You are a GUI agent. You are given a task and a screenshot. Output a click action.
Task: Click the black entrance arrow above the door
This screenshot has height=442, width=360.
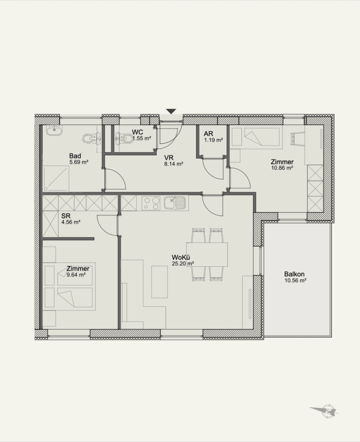pos(171,111)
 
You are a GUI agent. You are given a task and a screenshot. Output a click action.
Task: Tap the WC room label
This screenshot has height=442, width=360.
pos(137,132)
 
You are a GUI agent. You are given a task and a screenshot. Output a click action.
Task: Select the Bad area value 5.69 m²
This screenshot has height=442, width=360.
pos(79,162)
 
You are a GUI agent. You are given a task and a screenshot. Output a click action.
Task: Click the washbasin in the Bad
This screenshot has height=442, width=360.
pos(54,130)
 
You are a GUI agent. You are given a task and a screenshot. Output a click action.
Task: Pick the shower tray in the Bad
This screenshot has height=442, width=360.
pos(56,178)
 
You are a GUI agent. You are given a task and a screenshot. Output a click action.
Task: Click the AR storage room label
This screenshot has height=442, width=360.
pos(208,134)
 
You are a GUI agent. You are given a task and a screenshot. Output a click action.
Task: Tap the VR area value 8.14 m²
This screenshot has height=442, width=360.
pos(174,164)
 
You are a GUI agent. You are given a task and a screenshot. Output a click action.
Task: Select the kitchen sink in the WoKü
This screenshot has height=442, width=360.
pos(174,203)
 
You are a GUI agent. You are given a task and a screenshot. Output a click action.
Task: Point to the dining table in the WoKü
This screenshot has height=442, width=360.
pos(207,254)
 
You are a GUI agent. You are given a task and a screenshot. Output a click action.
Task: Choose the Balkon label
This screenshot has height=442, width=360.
pos(294,274)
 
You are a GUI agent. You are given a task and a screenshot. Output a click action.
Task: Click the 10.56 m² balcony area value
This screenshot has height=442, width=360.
pos(295,281)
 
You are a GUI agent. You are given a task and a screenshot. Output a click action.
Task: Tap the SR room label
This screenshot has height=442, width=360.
pos(66,216)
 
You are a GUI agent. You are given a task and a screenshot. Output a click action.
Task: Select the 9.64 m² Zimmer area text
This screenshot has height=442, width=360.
pos(76,275)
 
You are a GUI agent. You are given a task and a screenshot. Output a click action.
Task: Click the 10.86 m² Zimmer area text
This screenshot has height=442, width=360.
pos(282,168)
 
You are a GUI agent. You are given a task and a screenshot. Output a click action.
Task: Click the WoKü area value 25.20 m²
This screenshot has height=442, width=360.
pos(183,264)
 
